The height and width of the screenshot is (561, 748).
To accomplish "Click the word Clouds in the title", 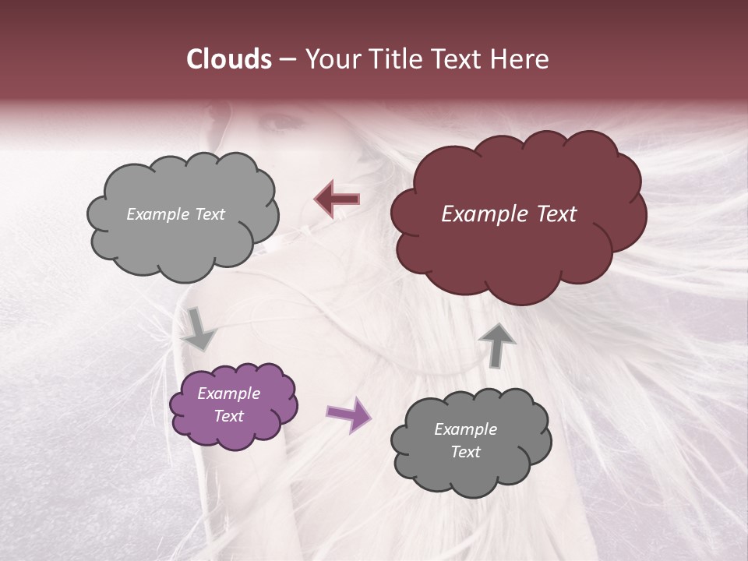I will [x=229, y=59].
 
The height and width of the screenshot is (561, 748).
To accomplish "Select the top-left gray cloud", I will [x=182, y=242].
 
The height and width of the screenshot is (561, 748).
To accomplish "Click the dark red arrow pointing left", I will [x=337, y=199].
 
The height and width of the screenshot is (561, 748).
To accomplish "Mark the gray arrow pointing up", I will [x=498, y=344].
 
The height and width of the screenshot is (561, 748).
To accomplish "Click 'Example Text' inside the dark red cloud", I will [x=509, y=214].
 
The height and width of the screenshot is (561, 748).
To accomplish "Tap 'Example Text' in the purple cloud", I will [x=229, y=404].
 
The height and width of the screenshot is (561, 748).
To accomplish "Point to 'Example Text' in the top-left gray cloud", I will [x=176, y=214].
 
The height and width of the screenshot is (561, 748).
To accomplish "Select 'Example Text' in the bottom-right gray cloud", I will [x=465, y=440].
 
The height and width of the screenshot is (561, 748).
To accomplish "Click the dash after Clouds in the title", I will [x=287, y=60].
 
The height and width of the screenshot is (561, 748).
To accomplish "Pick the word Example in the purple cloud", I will [x=229, y=393].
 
